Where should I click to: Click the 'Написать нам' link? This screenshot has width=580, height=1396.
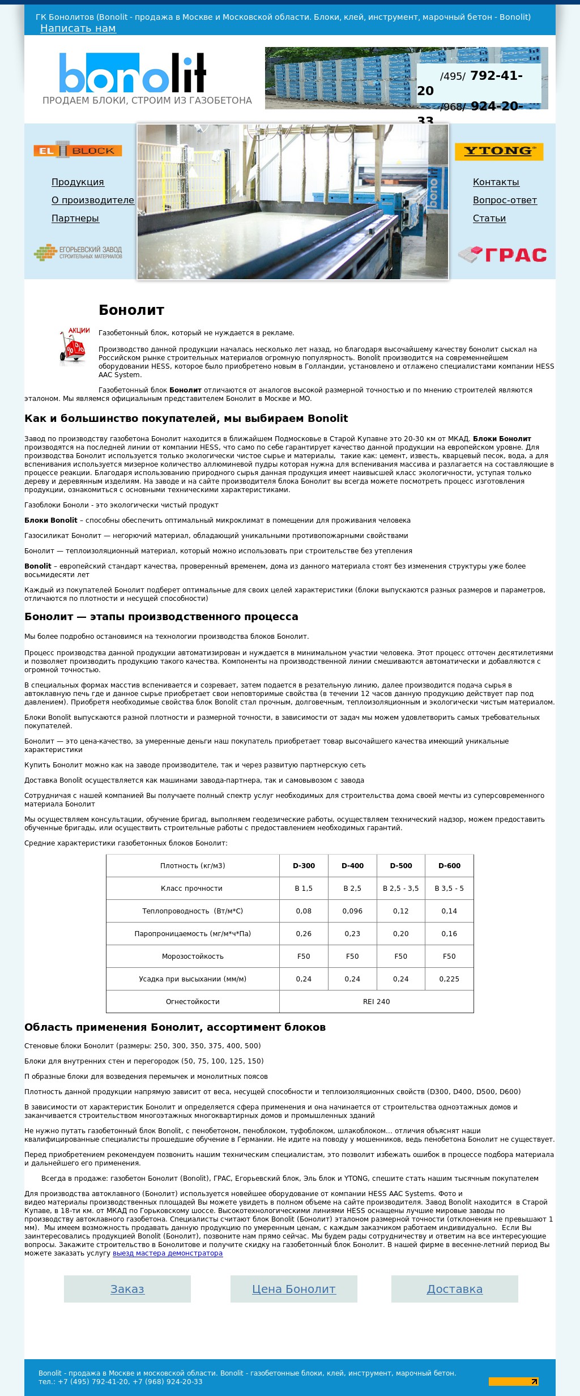click(78, 28)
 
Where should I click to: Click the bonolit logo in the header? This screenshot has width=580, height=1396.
click(133, 72)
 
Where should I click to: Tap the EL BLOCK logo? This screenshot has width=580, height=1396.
click(78, 151)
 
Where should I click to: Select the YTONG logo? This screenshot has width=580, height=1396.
click(498, 151)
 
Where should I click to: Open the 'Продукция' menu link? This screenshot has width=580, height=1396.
click(78, 182)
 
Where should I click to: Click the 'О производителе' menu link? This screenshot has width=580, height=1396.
click(93, 200)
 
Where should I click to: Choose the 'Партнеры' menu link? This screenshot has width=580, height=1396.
click(75, 218)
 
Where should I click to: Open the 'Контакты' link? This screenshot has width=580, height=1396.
click(496, 182)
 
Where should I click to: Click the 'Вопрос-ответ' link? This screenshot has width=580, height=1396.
click(505, 200)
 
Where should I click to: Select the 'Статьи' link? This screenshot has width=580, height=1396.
click(489, 218)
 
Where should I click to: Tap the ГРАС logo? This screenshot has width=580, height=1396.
click(502, 255)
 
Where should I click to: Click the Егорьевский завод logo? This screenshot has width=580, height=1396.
click(78, 252)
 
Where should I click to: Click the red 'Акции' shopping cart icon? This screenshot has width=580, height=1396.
click(74, 345)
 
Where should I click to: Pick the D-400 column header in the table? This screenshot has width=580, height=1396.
click(352, 865)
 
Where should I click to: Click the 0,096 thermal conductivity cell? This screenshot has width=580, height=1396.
click(352, 911)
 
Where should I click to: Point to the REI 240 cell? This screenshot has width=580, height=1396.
click(376, 1001)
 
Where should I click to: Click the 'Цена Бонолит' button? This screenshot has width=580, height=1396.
click(294, 1289)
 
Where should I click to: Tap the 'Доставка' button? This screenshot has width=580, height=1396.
click(455, 1289)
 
